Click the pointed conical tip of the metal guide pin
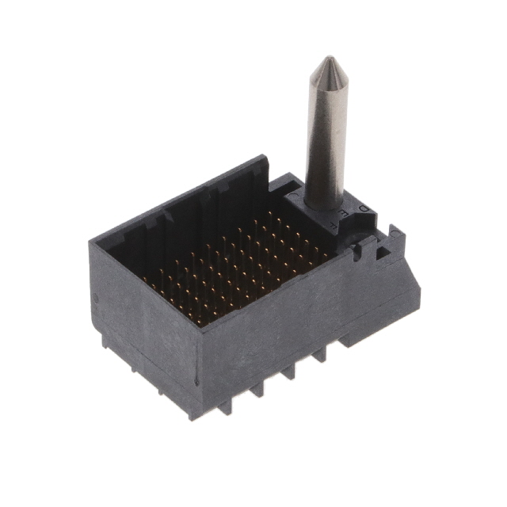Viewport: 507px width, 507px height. pos(324,63)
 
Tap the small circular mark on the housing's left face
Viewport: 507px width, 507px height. pos(97,299)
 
